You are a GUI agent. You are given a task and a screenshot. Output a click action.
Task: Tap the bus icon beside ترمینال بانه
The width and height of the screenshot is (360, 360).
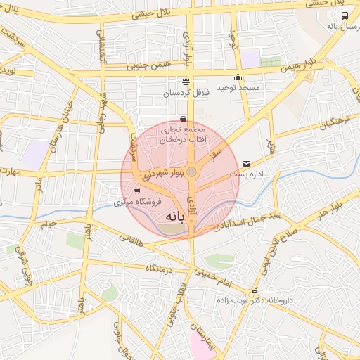coord(344,15)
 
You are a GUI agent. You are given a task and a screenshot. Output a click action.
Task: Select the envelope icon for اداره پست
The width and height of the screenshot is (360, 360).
coord(246,163)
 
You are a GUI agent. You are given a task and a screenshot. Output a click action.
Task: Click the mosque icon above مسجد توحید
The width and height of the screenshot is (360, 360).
coord(238,77)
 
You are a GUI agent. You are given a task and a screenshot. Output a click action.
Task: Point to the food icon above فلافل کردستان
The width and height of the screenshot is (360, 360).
coord(186,82)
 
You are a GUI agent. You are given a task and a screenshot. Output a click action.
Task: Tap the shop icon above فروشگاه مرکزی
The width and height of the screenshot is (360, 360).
coord(136,191)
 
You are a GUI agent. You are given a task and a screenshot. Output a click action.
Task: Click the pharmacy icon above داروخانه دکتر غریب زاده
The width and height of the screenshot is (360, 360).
coord(255,290)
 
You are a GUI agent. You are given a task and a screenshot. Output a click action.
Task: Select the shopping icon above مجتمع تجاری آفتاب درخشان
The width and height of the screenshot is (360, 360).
coord(183,119)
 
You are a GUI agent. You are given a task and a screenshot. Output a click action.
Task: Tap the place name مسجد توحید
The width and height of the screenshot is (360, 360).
coord(238,88)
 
